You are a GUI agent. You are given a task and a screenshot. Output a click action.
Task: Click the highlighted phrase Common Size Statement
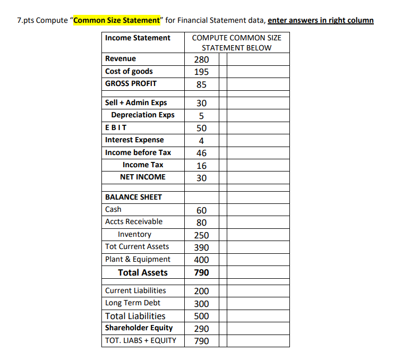tap(116, 21)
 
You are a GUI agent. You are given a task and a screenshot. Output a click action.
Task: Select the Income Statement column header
tap(138, 38)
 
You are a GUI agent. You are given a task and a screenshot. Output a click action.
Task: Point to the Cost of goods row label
tap(129, 71)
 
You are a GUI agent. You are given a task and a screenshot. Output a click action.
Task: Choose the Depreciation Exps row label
tap(142, 115)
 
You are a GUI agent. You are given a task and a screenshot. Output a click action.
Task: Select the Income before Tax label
tap(138, 152)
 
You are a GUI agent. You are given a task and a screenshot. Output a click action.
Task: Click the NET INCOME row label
tap(143, 177)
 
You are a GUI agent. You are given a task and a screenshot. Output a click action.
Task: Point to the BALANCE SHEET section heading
tap(133, 197)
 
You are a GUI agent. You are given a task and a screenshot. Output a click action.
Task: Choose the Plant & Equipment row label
tap(138, 259)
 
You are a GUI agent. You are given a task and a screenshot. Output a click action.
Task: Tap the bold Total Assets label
tap(142, 272)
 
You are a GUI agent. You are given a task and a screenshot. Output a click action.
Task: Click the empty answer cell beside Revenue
tap(258, 59)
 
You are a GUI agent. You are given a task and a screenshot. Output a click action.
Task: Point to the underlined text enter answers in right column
tap(321, 21)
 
